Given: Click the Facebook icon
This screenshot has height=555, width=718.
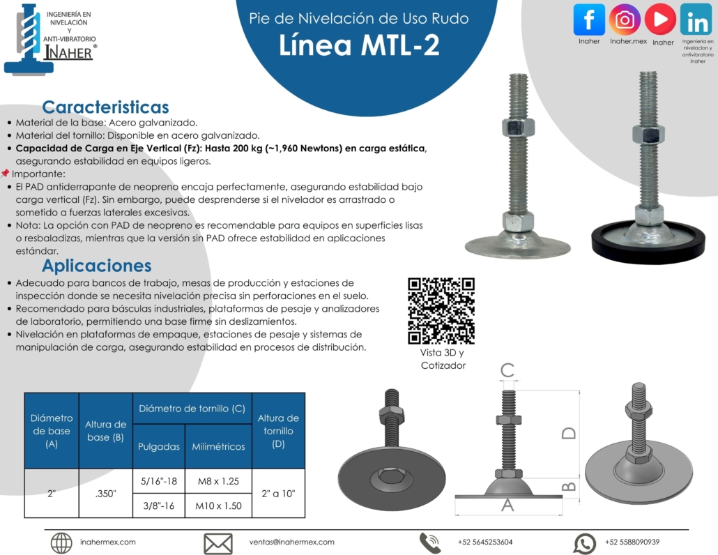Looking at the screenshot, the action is click(589, 20).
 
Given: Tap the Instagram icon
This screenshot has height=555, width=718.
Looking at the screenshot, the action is click(625, 20).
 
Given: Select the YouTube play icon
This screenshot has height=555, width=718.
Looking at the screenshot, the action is click(660, 20).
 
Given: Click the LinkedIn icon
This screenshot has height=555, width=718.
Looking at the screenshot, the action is click(696, 20).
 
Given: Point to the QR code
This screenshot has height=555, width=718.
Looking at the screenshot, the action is click(441, 310).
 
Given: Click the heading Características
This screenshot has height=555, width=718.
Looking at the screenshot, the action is click(105, 107).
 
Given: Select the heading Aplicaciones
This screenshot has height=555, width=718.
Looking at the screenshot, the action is click(97, 266).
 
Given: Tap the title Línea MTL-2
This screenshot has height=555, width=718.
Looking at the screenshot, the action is click(359, 45).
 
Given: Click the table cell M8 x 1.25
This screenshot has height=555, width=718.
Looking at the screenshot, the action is click(218, 481).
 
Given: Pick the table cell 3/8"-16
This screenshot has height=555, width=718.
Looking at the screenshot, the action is click(158, 505).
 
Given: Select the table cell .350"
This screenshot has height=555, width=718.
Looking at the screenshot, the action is click(106, 494).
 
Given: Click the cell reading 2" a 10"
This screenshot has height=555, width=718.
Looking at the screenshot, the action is click(278, 494).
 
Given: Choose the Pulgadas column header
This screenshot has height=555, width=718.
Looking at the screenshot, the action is click(159, 446).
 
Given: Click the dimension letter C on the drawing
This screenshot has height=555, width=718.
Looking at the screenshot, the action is click(507, 370).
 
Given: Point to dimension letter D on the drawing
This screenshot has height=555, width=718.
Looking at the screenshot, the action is click(569, 433).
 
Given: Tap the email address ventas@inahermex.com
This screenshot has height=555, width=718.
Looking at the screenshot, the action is click(291, 542).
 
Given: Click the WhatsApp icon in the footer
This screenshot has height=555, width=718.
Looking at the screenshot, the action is click(585, 544).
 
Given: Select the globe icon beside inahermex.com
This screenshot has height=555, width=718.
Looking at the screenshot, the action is click(61, 544).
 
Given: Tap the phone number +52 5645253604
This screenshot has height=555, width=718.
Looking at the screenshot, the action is click(485, 542).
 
